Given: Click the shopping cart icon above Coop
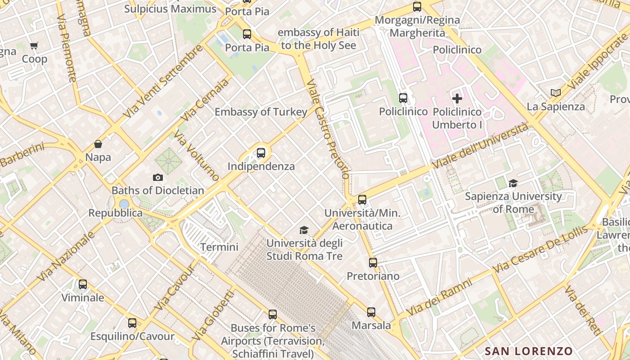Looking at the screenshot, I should [34, 45].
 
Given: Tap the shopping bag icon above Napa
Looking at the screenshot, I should [98, 144].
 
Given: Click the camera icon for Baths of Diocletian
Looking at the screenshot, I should [157, 177].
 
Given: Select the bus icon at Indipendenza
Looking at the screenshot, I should [261, 153].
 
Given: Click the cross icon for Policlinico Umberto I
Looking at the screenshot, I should [457, 99].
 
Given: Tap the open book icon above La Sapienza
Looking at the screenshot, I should [556, 93].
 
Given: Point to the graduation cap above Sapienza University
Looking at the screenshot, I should [513, 183].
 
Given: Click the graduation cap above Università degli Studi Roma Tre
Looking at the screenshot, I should [304, 230].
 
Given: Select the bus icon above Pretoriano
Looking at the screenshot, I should [373, 262].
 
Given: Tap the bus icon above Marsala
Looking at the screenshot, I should [371, 312].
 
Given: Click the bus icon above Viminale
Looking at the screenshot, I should [83, 284].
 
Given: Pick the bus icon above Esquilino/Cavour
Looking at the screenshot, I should [132, 323].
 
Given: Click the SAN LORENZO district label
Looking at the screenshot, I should [528, 351].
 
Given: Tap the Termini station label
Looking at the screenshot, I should [219, 247].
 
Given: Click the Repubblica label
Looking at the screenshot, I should [115, 213].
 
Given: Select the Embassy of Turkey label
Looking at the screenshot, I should [261, 112].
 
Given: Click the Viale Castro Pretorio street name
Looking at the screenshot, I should [327, 130].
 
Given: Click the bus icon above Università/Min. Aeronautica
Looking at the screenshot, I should [362, 199].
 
